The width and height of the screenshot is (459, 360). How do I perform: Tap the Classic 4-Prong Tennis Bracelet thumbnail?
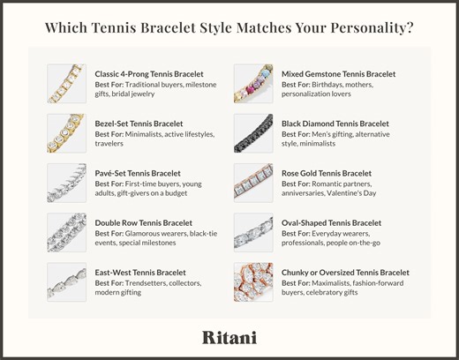point(67,83)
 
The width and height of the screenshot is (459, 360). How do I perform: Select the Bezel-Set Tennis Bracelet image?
point(67,132)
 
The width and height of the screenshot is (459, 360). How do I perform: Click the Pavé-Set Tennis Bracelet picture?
point(67,182)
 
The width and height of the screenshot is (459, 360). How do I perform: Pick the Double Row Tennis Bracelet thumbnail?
point(67,232)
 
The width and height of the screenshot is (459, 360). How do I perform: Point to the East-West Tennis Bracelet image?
point(67,281)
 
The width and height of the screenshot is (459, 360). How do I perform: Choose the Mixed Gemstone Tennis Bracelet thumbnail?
point(253,83)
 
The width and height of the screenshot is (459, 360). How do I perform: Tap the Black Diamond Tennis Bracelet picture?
point(253,132)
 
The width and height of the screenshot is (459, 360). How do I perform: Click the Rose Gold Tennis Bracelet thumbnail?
point(253,182)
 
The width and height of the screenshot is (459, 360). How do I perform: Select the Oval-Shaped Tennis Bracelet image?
point(253,232)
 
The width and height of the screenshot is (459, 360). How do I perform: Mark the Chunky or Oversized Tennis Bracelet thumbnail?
point(253,281)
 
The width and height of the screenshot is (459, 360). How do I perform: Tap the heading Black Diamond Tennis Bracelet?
point(335,124)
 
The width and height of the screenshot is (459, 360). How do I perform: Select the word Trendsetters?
point(147,283)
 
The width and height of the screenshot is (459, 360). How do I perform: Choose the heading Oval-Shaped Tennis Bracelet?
point(332,223)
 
